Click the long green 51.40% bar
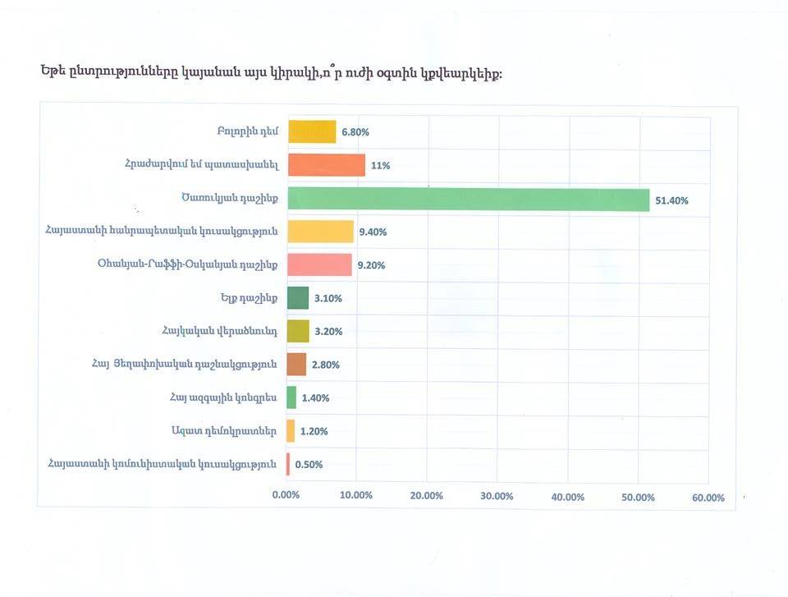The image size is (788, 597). click(x=468, y=200)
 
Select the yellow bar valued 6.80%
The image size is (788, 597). click(x=312, y=131)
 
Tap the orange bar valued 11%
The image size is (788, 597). click(x=326, y=165)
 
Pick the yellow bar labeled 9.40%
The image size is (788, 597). click(x=320, y=232)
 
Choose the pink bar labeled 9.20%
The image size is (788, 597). click(x=319, y=264)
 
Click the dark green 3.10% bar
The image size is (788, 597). click(x=298, y=298)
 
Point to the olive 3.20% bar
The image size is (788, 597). click(x=298, y=331)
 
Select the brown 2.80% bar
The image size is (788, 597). click(x=296, y=365)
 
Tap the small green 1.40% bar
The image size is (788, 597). click(x=291, y=397)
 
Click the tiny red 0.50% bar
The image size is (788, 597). click(x=288, y=464)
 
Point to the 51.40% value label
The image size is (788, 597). click(x=671, y=200)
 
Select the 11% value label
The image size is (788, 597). click(x=380, y=166)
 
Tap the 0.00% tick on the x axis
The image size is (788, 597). click(x=286, y=496)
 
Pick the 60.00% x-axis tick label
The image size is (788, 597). click(x=708, y=497)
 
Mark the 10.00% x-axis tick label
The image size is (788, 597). click(x=356, y=496)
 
